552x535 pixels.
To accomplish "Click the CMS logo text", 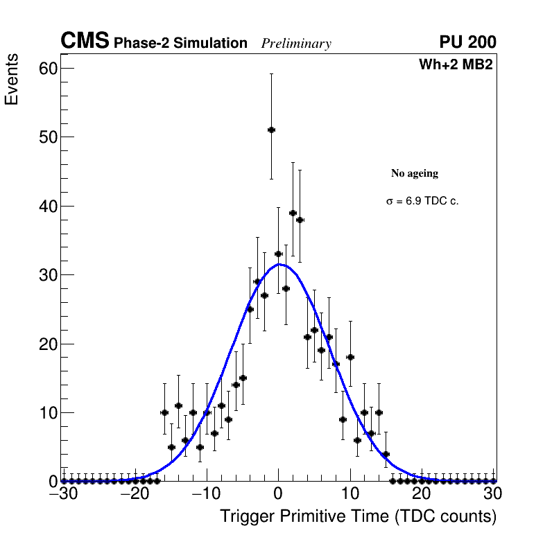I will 85,42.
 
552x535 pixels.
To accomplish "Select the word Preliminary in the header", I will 296,44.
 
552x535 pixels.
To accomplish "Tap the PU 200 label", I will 467,42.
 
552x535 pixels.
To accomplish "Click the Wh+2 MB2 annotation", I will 456,65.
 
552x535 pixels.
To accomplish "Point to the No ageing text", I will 415,173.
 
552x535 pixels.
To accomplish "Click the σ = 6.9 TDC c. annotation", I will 422,202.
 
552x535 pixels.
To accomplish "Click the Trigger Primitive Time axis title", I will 358,516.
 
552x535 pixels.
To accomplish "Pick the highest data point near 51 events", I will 271,130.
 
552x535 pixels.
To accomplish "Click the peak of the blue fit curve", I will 279,264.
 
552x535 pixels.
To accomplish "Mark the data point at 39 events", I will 293,213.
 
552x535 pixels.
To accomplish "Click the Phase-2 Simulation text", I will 180,44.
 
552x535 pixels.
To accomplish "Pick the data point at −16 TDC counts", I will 164,412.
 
